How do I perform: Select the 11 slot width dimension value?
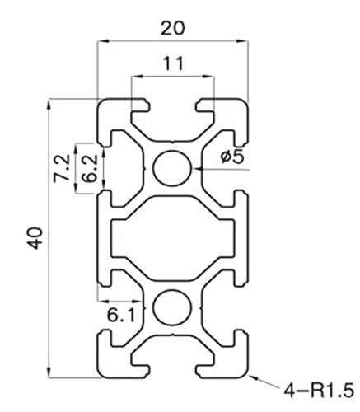[172, 63]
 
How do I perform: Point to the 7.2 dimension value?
[60, 167]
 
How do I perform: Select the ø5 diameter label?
[233, 157]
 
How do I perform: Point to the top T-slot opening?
[172, 105]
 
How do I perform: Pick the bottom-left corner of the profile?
[101, 372]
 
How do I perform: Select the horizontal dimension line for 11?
[172, 76]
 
